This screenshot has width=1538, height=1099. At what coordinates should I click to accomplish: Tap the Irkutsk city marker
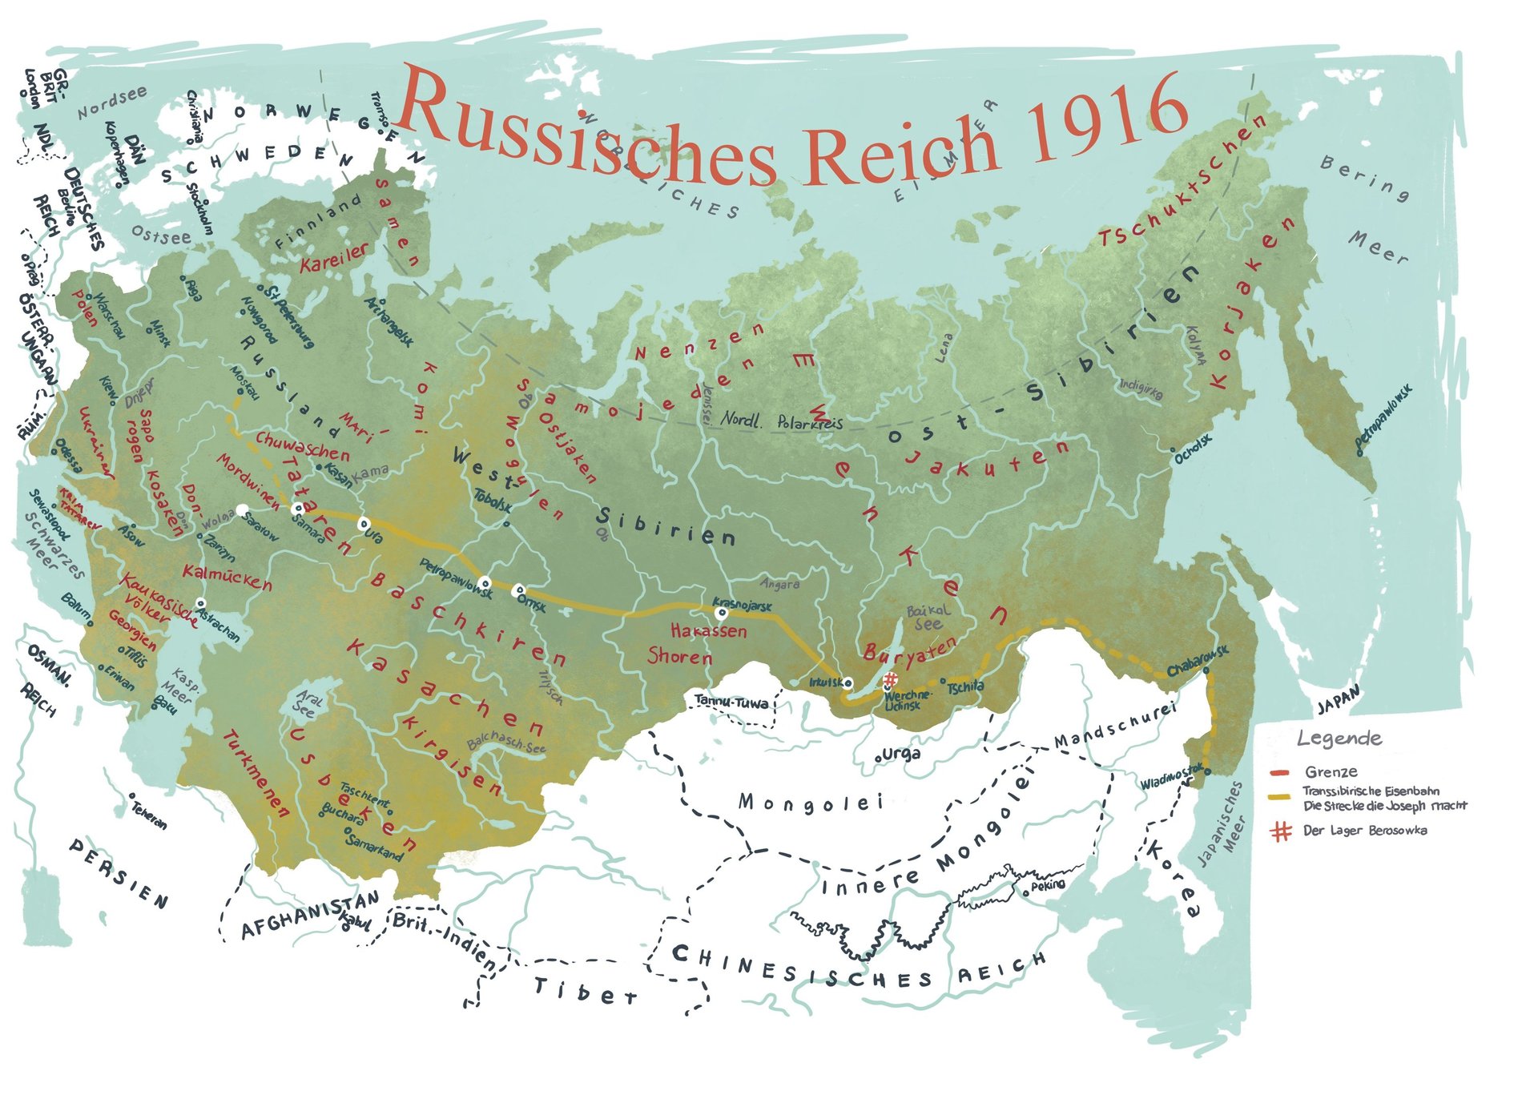point(849,683)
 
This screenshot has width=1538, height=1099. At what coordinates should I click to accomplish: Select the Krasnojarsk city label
point(742,604)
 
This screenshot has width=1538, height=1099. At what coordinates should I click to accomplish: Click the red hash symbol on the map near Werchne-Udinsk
point(890,680)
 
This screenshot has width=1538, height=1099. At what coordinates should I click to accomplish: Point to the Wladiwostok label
point(1170,775)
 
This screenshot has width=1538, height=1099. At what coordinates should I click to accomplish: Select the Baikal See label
point(928,617)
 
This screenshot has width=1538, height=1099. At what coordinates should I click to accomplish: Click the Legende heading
point(1339,738)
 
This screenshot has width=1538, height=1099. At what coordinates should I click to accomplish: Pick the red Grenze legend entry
point(1331,772)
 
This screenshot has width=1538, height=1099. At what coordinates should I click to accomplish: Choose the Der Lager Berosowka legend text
point(1364,831)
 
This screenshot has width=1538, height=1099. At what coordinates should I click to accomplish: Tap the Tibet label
point(586,991)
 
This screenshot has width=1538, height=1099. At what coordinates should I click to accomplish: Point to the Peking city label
point(1048,885)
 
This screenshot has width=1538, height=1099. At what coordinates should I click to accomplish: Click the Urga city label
point(900,754)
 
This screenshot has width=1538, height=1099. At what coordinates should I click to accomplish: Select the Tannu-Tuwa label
point(731,702)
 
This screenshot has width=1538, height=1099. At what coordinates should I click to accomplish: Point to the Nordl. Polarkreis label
point(782,421)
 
